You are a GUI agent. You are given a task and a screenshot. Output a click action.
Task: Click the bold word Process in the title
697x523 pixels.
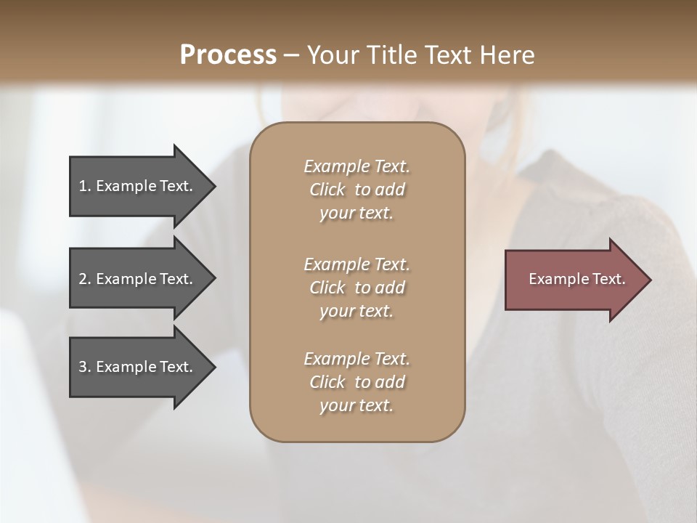[228, 54]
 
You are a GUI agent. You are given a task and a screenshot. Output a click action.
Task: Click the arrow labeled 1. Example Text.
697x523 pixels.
[138, 186]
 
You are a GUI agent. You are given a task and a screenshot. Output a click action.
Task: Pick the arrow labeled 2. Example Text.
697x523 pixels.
[138, 279]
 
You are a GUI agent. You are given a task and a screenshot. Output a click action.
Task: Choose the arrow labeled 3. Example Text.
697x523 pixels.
[138, 367]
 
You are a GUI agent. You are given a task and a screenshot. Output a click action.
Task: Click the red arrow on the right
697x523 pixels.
[574, 280]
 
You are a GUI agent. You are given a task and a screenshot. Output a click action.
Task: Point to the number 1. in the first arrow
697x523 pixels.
[85, 186]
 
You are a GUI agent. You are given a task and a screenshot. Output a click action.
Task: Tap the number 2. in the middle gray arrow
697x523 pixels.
[85, 279]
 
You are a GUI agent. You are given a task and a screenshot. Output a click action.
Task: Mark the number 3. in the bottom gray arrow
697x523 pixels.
[85, 367]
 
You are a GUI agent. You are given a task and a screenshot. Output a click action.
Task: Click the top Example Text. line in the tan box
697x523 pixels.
[356, 166]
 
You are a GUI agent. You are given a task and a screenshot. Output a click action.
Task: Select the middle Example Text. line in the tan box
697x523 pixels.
[356, 264]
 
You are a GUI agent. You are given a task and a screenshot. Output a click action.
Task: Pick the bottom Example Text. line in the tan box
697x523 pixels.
[356, 359]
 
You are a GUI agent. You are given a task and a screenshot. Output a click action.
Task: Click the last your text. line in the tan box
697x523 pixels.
[356, 406]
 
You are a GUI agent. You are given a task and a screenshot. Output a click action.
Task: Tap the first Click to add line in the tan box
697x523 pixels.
[356, 190]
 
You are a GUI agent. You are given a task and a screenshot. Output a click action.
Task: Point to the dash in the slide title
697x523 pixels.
[292, 55]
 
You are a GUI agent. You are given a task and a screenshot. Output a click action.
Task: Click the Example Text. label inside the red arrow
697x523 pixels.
[576, 279]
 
